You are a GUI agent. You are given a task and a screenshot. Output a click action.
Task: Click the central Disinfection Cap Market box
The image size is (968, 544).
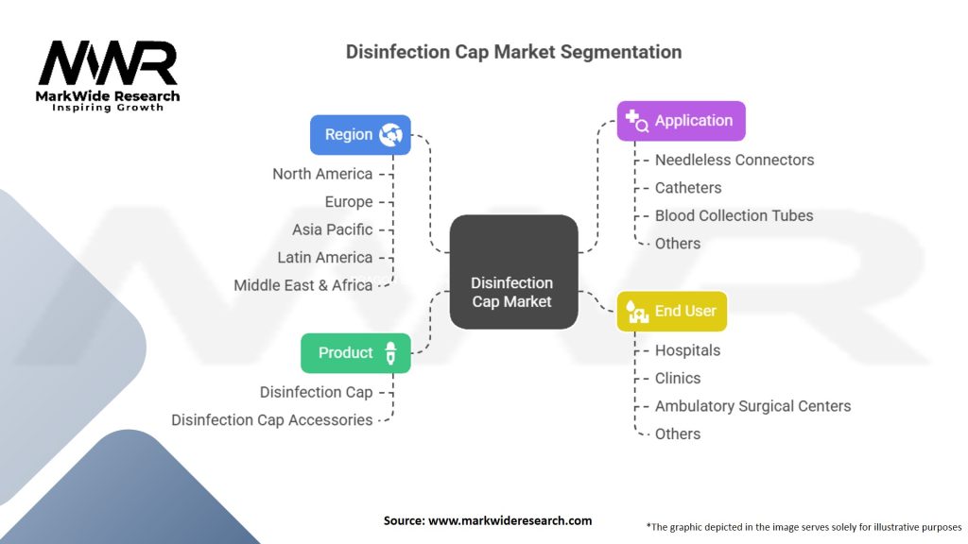tap(513, 272)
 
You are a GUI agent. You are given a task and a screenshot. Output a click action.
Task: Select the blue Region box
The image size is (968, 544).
tap(360, 135)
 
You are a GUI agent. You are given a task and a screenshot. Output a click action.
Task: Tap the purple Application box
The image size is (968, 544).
tap(681, 121)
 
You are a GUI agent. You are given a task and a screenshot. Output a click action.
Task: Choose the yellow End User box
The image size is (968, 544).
tap(671, 311)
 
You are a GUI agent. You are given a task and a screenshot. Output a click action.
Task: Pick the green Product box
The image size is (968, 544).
tap(355, 353)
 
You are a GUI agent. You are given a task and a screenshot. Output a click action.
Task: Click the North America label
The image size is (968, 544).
tap(322, 174)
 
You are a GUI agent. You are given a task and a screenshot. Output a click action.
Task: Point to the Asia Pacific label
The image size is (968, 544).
tap(332, 229)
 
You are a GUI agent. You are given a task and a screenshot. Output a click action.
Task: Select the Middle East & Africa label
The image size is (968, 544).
tap(302, 285)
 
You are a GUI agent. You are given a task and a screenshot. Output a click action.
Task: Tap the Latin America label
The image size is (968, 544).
tap(324, 257)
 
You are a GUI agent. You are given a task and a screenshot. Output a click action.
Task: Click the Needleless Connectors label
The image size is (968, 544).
tap(734, 160)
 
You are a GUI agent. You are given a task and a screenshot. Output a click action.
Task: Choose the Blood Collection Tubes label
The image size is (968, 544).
tap(734, 215)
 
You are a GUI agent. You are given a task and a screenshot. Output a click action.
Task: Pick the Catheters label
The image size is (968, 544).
tap(688, 188)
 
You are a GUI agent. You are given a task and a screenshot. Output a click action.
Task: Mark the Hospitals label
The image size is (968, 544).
tap(687, 350)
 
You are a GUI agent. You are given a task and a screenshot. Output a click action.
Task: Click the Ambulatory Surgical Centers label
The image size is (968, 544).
tap(752, 406)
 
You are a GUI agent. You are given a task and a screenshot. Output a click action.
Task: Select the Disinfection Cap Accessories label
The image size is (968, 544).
tap(272, 420)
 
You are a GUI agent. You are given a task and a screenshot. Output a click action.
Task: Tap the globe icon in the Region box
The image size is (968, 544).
tap(390, 135)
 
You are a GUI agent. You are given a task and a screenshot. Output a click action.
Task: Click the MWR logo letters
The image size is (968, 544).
tap(107, 64)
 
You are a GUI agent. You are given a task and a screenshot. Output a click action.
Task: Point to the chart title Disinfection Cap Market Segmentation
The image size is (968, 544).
tap(513, 51)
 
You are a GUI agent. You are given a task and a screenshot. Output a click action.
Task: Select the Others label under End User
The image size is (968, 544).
tap(678, 433)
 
